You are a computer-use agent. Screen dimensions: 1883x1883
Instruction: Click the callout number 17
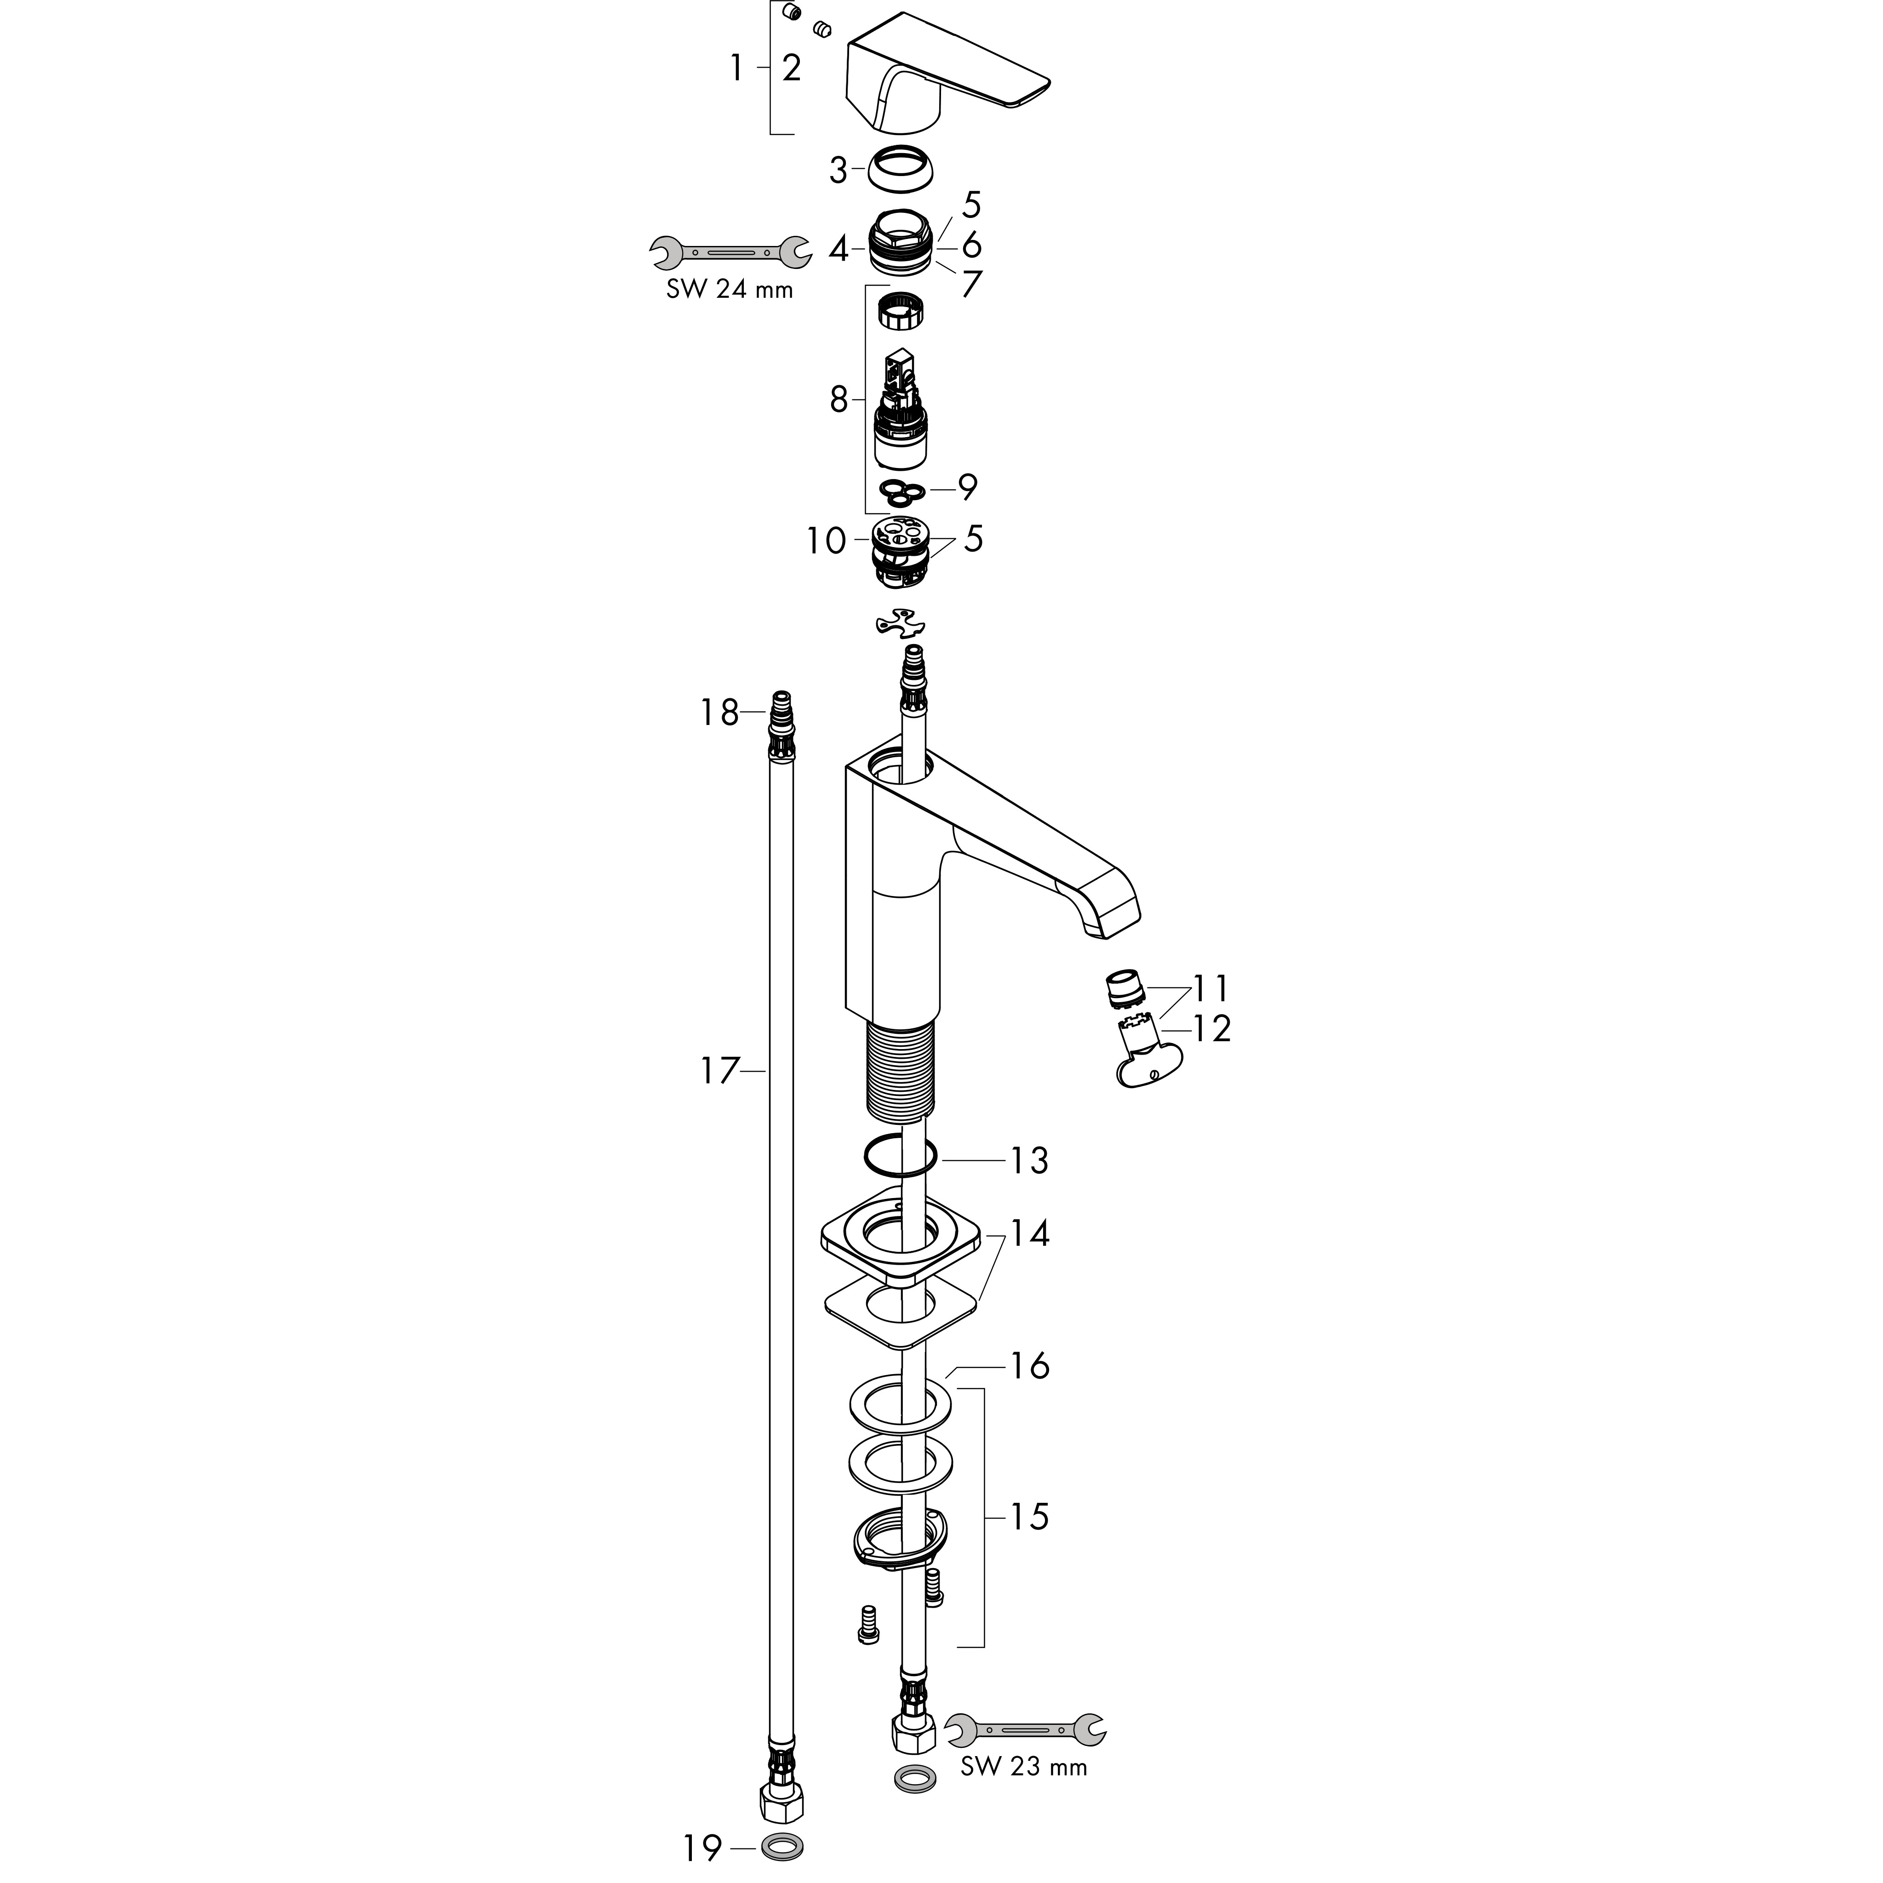pyautogui.click(x=720, y=1072)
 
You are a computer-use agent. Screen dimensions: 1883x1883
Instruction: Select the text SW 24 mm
pyautogui.click(x=729, y=290)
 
